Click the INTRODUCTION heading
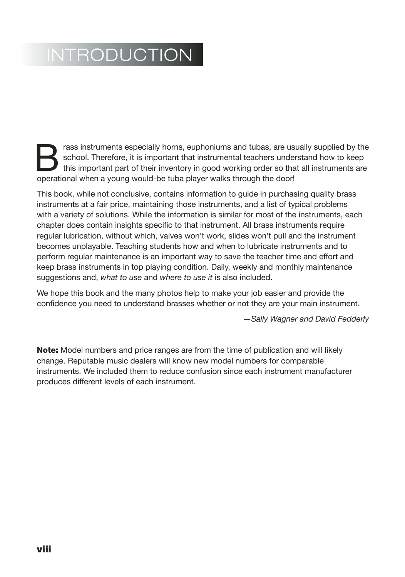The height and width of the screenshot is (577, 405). coord(119,55)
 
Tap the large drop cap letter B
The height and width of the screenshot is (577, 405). coord(47,158)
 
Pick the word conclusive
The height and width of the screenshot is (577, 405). coord(130,194)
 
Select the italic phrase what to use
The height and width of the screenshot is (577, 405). coord(121,277)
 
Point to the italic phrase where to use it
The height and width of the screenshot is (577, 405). coord(186,277)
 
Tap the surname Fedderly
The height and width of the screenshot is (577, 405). coord(353,319)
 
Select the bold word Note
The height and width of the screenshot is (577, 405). coord(47,350)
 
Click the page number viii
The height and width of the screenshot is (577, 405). coord(44,549)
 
